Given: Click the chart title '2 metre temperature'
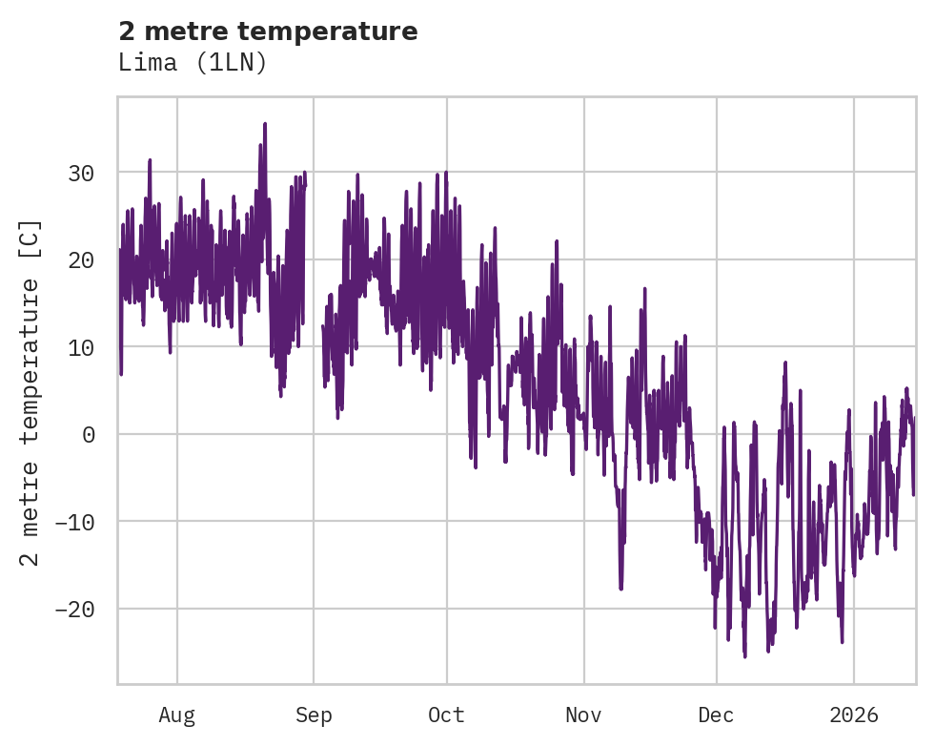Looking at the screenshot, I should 268,31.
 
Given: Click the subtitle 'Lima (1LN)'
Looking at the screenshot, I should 193,62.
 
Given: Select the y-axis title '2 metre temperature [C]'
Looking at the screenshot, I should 30,392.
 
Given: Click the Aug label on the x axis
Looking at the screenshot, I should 176,715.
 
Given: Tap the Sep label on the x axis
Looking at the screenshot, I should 314,715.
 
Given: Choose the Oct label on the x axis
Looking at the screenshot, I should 446,715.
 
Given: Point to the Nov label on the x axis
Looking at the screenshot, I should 583,715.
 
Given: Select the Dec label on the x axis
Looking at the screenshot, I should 716,715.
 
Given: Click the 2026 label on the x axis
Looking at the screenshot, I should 854,715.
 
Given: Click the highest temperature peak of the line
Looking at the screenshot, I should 265,124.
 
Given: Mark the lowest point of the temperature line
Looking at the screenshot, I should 744,656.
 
